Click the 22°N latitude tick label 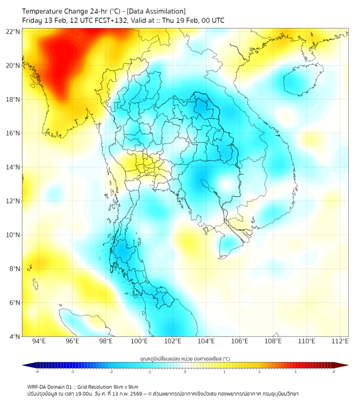pyautogui.click(x=14, y=31)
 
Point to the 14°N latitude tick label pyautogui.click(x=14, y=167)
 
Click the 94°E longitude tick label pyautogui.click(x=39, y=341)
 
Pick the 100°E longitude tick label pyautogui.click(x=139, y=341)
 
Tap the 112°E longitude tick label pyautogui.click(x=340, y=341)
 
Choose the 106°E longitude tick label pyautogui.click(x=240, y=341)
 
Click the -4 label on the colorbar pyautogui.click(x=37, y=372)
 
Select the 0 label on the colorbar pyautogui.click(x=185, y=372)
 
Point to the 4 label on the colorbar pyautogui.click(x=334, y=372)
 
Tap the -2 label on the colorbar pyautogui.click(x=111, y=372)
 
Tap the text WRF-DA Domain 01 pyautogui.click(x=50, y=386)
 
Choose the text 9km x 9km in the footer pyautogui.click(x=124, y=386)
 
